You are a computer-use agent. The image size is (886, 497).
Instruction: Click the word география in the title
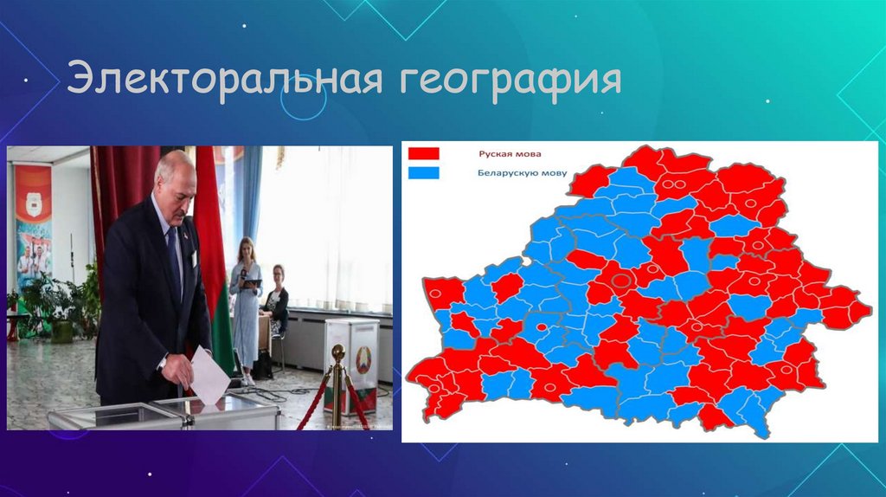(510, 81)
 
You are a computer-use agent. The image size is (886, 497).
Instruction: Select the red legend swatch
(423, 154)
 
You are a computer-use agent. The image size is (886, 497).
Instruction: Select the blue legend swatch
(423, 173)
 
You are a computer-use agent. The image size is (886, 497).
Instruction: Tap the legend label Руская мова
(510, 154)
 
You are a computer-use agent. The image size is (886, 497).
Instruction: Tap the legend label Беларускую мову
(522, 173)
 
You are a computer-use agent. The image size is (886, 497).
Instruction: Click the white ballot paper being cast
(209, 376)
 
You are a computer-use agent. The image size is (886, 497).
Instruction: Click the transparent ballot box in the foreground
(164, 413)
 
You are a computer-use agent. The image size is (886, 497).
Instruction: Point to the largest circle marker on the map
(622, 280)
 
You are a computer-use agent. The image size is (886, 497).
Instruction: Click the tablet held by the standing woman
(253, 283)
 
